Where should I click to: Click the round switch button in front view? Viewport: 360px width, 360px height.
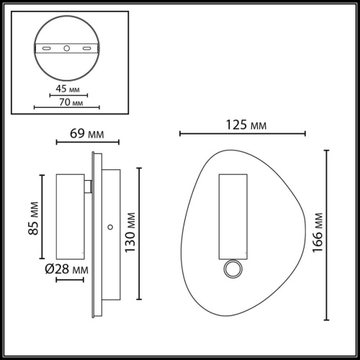(233, 270)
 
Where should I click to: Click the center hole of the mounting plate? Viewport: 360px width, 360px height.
(67, 49)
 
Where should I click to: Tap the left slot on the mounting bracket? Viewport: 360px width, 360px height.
(48, 49)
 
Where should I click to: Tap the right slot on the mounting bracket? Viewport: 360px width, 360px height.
(87, 49)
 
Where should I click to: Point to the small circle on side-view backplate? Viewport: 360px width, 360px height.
(109, 228)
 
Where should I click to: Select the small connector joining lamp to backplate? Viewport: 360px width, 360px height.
(87, 187)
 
